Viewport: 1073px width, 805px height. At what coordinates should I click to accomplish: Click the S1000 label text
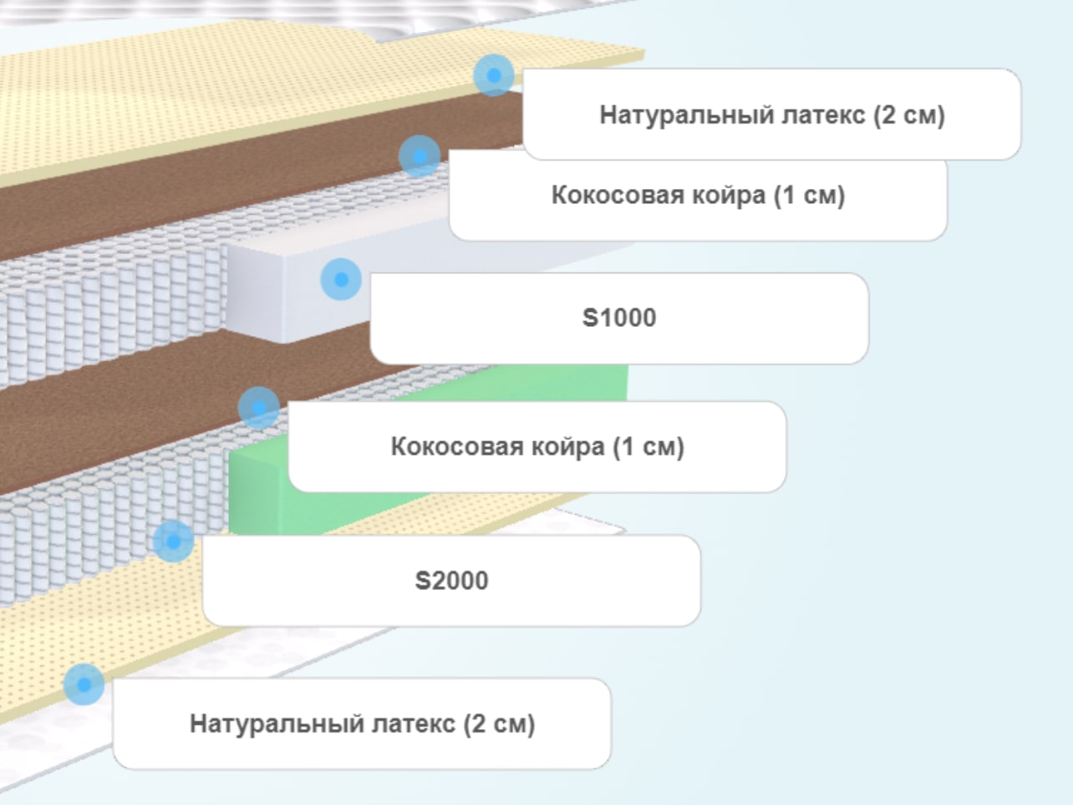[619, 318]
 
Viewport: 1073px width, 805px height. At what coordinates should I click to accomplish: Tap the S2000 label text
[451, 581]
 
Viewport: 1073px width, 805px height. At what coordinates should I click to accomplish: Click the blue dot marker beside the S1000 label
[341, 279]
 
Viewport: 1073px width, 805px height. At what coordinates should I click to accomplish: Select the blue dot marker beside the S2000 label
[174, 541]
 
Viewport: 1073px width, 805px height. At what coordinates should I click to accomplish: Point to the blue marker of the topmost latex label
[494, 75]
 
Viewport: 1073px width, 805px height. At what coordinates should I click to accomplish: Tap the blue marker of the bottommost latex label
[84, 685]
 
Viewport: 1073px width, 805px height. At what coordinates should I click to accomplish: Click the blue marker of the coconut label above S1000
[420, 156]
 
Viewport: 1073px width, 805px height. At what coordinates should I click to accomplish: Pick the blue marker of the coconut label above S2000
[259, 408]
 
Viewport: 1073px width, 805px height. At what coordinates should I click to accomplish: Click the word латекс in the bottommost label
[413, 724]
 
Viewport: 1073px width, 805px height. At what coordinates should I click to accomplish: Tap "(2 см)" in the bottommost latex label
[500, 724]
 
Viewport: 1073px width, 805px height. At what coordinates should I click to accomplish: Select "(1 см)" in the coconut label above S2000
[648, 446]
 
